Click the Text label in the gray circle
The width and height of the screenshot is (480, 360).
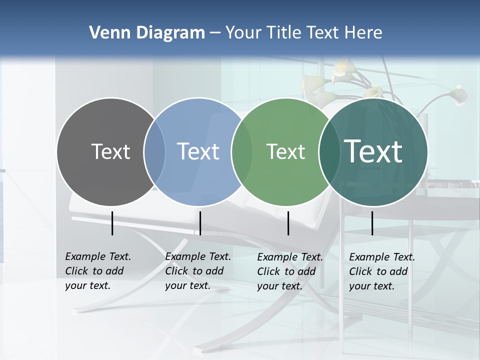[110, 151]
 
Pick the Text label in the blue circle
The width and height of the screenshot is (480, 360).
[198, 151]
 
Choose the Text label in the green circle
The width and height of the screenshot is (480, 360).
[285, 151]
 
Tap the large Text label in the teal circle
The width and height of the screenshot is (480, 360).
[373, 151]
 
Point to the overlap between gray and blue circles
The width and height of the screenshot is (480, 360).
[154, 152]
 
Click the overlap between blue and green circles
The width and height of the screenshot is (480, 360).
[242, 152]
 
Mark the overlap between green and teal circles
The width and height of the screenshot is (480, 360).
[329, 152]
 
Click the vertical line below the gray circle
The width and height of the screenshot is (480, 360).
[112, 223]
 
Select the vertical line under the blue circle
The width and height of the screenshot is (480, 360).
[200, 223]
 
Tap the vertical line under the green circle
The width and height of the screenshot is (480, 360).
[288, 223]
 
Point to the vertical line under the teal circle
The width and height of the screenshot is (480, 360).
[372, 223]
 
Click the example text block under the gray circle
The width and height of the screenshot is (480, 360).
[97, 271]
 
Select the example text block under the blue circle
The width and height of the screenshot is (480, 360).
[197, 271]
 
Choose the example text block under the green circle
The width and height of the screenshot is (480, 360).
[289, 271]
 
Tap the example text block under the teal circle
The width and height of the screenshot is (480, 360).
[381, 271]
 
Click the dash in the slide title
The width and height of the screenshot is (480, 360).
[215, 33]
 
